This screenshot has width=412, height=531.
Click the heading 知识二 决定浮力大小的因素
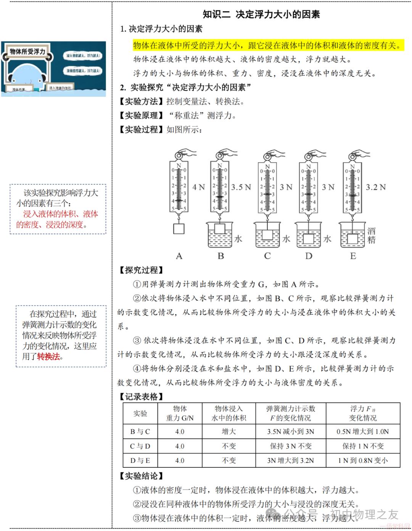261,14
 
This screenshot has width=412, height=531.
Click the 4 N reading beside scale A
198,187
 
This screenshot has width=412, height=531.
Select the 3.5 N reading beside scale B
241,187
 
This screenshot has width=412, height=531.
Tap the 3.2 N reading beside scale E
375,187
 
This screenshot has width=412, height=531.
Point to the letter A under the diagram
179,256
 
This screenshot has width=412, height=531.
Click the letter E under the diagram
353,256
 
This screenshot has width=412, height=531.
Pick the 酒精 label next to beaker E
371,235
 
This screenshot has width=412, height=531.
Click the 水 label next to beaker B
238,239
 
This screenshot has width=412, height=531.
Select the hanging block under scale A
179,228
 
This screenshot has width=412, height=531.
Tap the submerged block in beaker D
308,238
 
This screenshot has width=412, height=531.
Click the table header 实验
140,413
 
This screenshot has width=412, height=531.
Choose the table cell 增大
229,432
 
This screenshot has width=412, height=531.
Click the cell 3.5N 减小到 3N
290,432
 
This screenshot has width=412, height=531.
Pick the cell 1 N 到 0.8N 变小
363,461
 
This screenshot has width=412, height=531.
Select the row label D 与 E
140,461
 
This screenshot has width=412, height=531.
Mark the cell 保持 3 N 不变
290,446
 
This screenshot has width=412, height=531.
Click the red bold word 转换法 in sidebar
48,357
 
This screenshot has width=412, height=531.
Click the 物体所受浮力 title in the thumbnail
27,51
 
